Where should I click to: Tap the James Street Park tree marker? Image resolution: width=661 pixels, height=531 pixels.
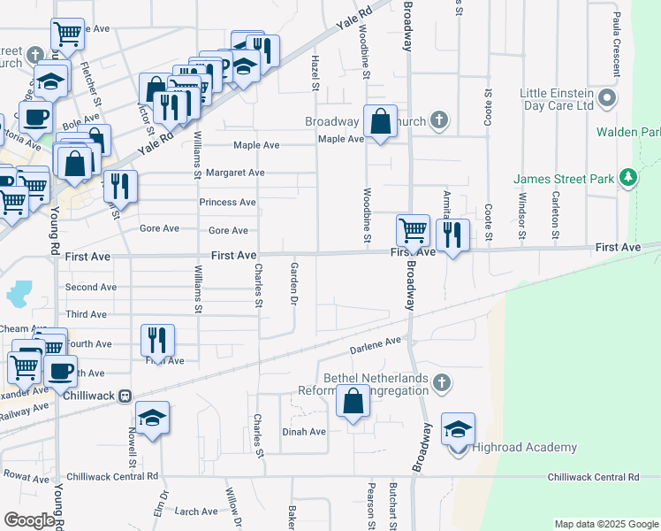pyautogui.click(x=628, y=179)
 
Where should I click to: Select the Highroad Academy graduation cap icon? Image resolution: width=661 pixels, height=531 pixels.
pyautogui.click(x=458, y=430)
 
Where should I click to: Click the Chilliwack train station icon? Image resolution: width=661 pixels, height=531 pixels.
pyautogui.click(x=125, y=396)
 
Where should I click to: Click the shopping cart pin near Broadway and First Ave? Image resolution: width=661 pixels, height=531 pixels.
pyautogui.click(x=413, y=230)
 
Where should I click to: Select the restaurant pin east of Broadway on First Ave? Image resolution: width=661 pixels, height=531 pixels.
pyautogui.click(x=452, y=235)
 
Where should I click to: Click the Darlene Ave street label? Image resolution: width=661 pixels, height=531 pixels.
pyautogui.click(x=381, y=342)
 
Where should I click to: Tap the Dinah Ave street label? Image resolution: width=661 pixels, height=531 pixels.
pyautogui.click(x=304, y=432)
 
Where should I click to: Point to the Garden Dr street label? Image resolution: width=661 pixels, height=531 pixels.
pyautogui.click(x=293, y=281)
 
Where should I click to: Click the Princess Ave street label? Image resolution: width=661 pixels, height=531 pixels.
pyautogui.click(x=227, y=202)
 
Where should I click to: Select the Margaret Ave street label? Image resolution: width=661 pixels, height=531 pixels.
pyautogui.click(x=235, y=173)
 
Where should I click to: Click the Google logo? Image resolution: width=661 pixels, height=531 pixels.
pyautogui.click(x=29, y=519)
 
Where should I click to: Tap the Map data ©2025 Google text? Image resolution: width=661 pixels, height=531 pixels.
pyautogui.click(x=605, y=524)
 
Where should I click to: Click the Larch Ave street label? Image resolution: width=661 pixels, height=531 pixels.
pyautogui.click(x=195, y=512)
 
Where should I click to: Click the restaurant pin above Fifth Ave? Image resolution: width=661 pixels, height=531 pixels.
pyautogui.click(x=157, y=339)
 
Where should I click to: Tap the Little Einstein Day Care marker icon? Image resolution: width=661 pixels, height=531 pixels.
pyautogui.click(x=606, y=97)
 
